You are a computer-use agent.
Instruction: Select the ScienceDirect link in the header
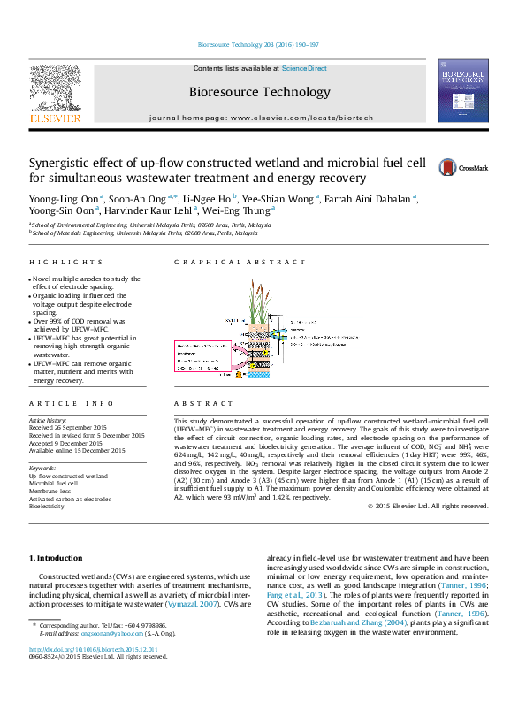305,68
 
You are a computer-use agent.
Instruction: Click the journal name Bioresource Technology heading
259,92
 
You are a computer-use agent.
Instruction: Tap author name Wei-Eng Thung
245,212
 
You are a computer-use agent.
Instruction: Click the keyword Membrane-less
51,491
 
